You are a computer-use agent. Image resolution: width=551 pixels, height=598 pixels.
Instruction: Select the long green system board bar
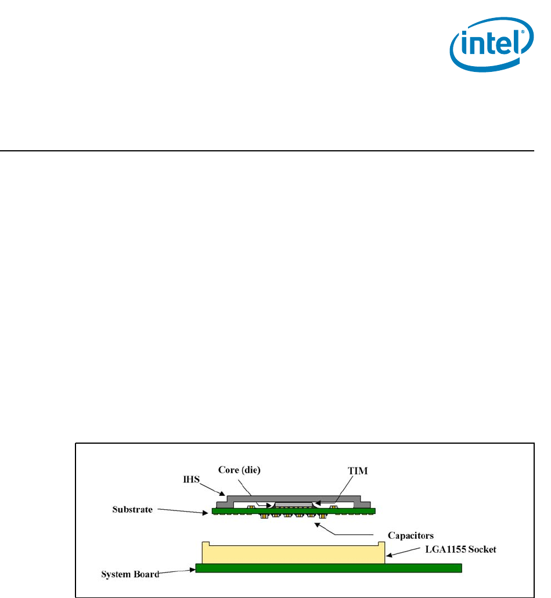click(x=329, y=568)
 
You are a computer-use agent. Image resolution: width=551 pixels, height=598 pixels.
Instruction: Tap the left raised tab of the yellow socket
click(x=206, y=543)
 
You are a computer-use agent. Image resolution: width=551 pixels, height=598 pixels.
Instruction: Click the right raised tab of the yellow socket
click(x=381, y=543)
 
